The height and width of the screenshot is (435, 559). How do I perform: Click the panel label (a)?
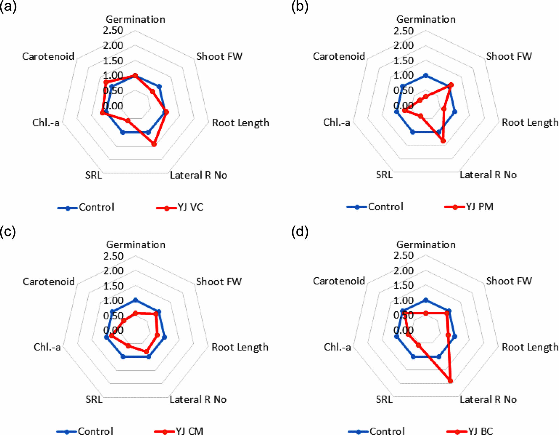pyautogui.click(x=8, y=6)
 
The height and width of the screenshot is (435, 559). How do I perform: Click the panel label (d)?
pyautogui.click(x=300, y=231)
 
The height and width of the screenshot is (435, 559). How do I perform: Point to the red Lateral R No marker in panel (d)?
pyautogui.click(x=450, y=381)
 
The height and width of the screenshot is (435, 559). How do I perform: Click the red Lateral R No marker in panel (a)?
pyautogui.click(x=154, y=144)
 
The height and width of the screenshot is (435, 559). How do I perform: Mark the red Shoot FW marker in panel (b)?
pyautogui.click(x=451, y=85)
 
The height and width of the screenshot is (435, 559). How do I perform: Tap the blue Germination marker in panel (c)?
pyautogui.click(x=135, y=300)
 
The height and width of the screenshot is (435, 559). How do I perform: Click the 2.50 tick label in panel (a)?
pyautogui.click(x=113, y=30)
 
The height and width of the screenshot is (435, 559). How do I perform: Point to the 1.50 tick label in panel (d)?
pyautogui.click(x=403, y=285)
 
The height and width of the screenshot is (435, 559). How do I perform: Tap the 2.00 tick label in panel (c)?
pyautogui.click(x=113, y=271)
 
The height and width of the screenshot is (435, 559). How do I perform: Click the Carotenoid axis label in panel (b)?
pyautogui.click(x=339, y=56)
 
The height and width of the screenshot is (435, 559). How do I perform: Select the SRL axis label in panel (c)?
pyautogui.click(x=94, y=399)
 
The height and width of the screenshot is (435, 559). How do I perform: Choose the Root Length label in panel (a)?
pyautogui.click(x=241, y=123)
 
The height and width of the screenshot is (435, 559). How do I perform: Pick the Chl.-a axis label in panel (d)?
pyautogui.click(x=337, y=347)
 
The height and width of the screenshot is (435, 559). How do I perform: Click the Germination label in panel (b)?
pyautogui.click(x=426, y=19)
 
